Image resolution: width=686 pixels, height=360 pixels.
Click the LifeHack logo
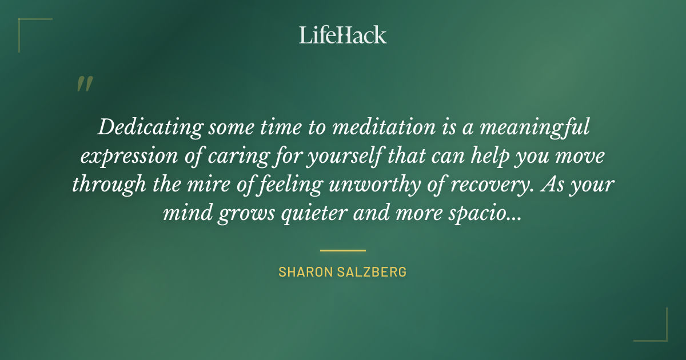(343, 35)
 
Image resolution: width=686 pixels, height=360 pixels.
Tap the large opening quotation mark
(85, 84)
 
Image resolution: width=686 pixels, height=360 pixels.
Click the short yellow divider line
(343, 250)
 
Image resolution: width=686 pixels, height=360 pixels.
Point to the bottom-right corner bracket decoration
(657, 331)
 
